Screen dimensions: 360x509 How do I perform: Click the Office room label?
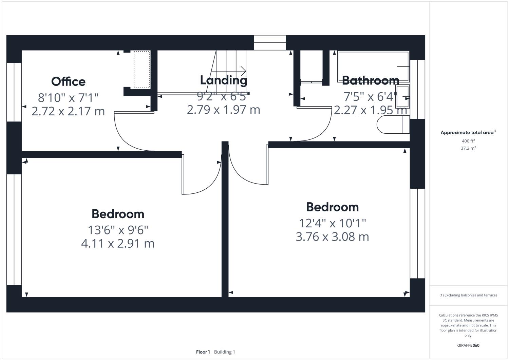pyautogui.click(x=68, y=81)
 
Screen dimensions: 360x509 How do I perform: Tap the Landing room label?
pyautogui.click(x=223, y=80)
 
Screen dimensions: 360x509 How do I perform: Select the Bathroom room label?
pyautogui.click(x=370, y=80)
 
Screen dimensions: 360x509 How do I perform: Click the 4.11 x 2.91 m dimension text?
pyautogui.click(x=118, y=243)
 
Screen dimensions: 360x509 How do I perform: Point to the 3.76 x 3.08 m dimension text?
pyautogui.click(x=332, y=236)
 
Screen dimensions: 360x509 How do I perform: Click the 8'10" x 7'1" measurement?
pyautogui.click(x=68, y=98)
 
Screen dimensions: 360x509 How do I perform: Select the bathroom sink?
pyautogui.click(x=402, y=96)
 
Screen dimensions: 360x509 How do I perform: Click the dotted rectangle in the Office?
pyautogui.click(x=142, y=70)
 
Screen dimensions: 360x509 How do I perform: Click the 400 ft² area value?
pyautogui.click(x=468, y=141)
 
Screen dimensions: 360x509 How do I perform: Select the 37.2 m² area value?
pyautogui.click(x=468, y=148)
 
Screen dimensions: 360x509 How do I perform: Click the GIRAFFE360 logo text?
pyautogui.click(x=468, y=345)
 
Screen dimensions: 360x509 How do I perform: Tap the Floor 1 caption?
pyautogui.click(x=203, y=352)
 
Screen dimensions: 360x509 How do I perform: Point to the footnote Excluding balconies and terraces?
pyautogui.click(x=468, y=295)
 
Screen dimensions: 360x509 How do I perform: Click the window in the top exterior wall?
pyautogui.click(x=270, y=42)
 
